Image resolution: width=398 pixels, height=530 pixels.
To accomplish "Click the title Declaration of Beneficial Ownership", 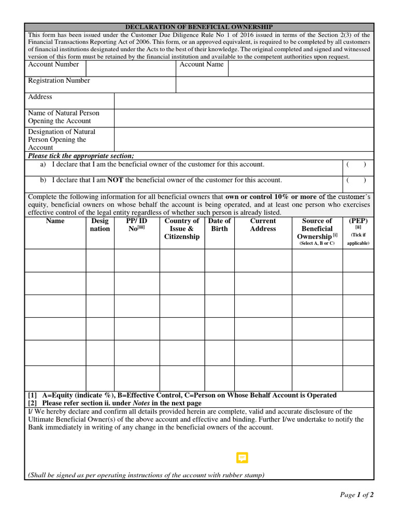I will tap(199, 27).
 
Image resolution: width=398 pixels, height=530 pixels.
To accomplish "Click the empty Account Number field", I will tap(131, 68).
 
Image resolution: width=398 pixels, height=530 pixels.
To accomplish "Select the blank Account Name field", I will tap(301, 68).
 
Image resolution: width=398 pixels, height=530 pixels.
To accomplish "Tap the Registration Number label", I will tap(59, 81).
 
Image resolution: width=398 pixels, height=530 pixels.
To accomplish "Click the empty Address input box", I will tap(244, 101).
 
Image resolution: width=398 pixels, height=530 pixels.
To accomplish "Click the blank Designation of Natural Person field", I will tap(244, 139).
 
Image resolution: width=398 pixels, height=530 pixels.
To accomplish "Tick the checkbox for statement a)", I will tap(357, 165).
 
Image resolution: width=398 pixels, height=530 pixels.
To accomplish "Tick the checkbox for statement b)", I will tap(357, 181).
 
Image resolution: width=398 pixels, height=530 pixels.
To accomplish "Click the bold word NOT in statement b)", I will tap(115, 180).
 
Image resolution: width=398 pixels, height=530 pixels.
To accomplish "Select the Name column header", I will tap(55, 221).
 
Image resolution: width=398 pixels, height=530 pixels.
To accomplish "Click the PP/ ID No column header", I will tap(137, 225).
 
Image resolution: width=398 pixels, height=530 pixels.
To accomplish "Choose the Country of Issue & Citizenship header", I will tap(182, 229).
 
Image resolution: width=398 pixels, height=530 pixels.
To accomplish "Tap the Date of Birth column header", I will tap(219, 225).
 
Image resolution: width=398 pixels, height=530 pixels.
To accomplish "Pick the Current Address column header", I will tap(263, 225).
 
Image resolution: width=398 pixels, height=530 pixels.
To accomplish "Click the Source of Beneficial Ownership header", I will tap(317, 229).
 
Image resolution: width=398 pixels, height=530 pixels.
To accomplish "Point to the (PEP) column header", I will tap(358, 221).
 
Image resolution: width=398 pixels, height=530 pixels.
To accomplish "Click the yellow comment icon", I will tap(242, 458).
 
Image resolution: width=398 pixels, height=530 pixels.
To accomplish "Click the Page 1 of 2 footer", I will tap(357, 495).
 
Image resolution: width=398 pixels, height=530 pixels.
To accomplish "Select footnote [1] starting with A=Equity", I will tap(182, 395).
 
